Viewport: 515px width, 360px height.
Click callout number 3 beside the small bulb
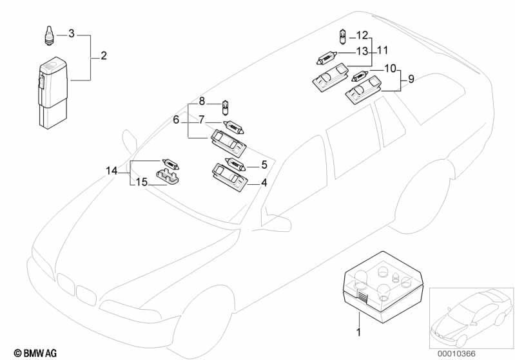click(72, 33)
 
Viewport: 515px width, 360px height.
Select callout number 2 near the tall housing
click(104, 56)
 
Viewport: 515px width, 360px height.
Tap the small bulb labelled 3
click(49, 35)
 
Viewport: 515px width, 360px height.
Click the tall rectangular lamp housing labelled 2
click(53, 93)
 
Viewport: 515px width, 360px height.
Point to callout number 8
click(202, 101)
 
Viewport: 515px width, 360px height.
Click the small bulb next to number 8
click(226, 108)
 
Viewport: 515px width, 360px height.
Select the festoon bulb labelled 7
click(233, 127)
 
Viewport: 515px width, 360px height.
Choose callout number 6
click(176, 120)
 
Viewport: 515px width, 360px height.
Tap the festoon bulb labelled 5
click(235, 164)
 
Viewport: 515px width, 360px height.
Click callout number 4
click(264, 183)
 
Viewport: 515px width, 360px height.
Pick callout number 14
click(112, 171)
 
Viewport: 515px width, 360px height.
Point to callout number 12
click(362, 35)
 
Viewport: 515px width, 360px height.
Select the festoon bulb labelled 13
click(327, 58)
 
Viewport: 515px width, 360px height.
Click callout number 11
click(383, 50)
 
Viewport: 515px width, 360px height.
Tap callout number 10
click(390, 69)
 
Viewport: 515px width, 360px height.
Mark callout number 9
click(411, 79)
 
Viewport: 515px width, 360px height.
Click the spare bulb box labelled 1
click(383, 287)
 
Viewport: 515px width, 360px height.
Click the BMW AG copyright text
click(35, 353)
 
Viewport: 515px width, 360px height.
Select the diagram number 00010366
click(456, 354)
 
